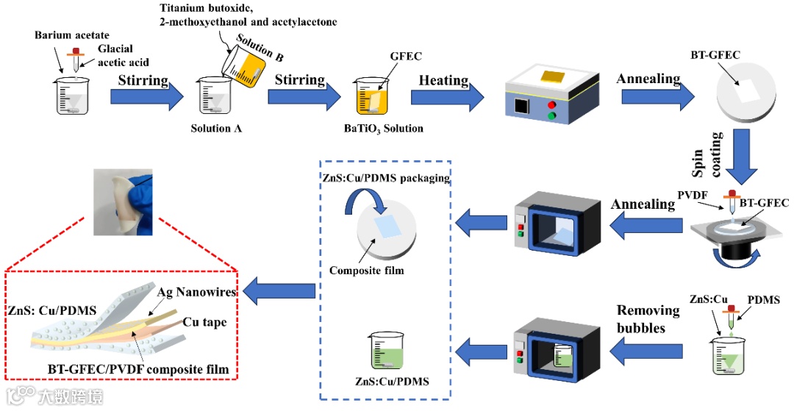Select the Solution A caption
(216, 129)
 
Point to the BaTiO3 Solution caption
(384, 129)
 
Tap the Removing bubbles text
(641, 318)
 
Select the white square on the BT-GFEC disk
(747, 91)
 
